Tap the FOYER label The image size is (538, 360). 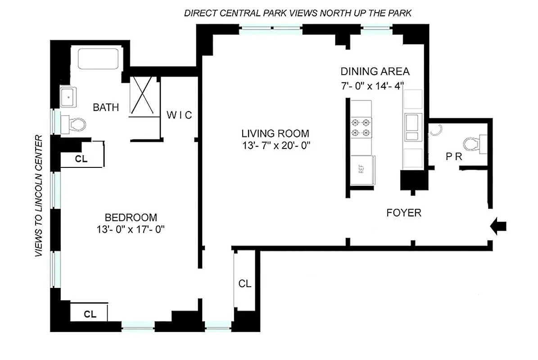pos(404,213)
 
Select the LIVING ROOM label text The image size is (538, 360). pos(275,134)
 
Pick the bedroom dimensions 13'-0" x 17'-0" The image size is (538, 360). pos(128,229)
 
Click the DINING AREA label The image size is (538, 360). pos(375,72)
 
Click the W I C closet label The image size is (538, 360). pos(179,115)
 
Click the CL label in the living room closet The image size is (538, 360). pos(244,283)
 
